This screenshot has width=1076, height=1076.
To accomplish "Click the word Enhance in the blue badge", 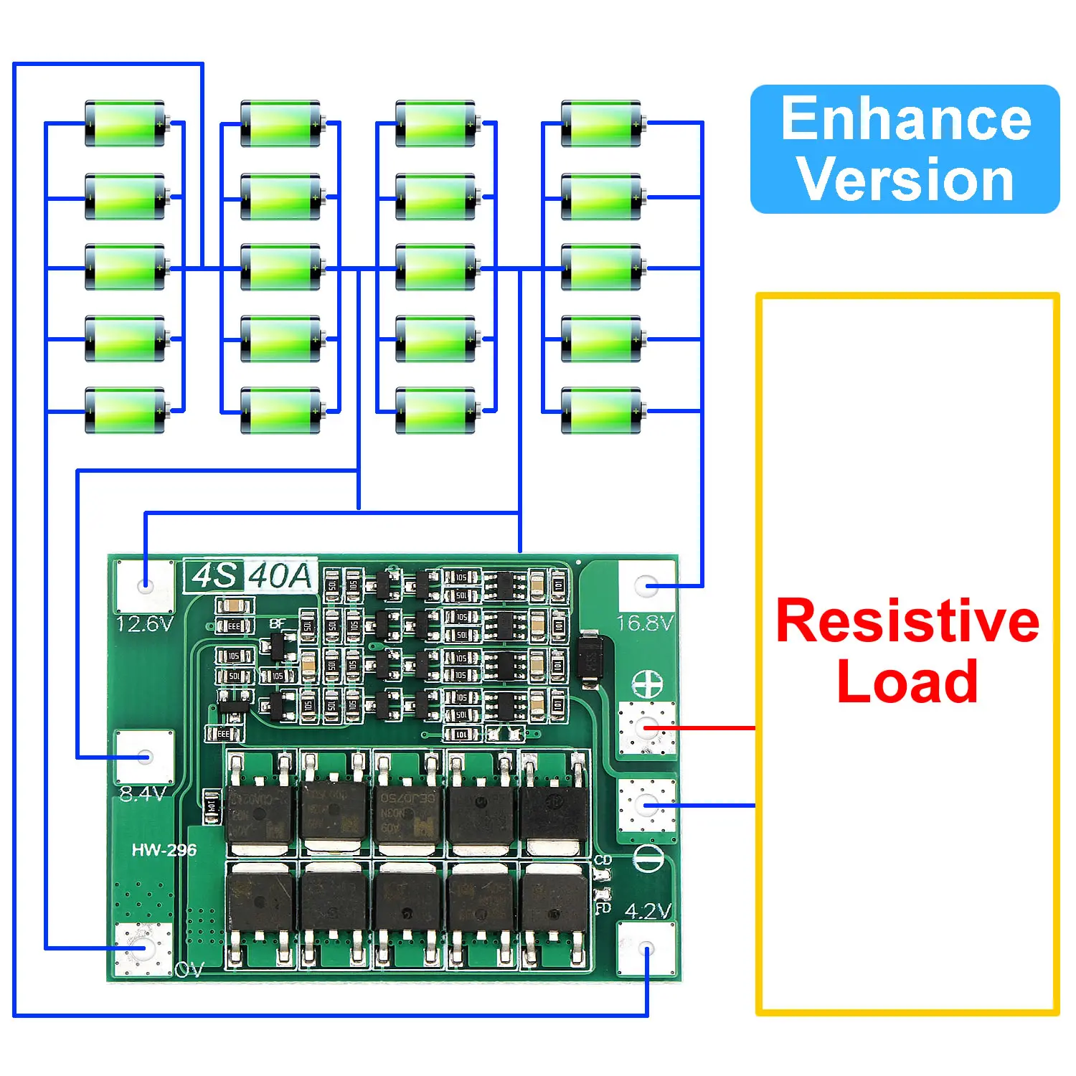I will point(905,119).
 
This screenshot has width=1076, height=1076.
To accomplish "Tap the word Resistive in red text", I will point(907,620).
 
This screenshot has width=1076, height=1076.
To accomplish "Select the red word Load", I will point(907,681).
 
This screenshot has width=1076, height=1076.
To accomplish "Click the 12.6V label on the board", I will point(144,623).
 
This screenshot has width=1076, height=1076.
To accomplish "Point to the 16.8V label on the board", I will point(645,622).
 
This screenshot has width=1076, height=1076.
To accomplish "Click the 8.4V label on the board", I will point(142,793).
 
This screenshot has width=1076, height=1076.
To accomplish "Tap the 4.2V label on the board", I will point(647,911).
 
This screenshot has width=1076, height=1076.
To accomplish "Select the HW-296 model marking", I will point(164,850).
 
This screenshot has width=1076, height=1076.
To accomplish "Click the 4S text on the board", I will point(214,575).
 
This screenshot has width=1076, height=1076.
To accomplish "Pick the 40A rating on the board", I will point(280,575).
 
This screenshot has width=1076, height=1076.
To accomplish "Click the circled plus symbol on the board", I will point(647,686).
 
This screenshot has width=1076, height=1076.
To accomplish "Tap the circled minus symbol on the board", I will point(648,858).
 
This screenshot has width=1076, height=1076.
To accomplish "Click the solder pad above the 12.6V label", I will point(145,585).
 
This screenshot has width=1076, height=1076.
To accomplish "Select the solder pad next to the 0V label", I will point(143,948).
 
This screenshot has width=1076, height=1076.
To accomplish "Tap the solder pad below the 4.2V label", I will point(646,948).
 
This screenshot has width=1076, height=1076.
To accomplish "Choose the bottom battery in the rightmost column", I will point(601,411).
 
